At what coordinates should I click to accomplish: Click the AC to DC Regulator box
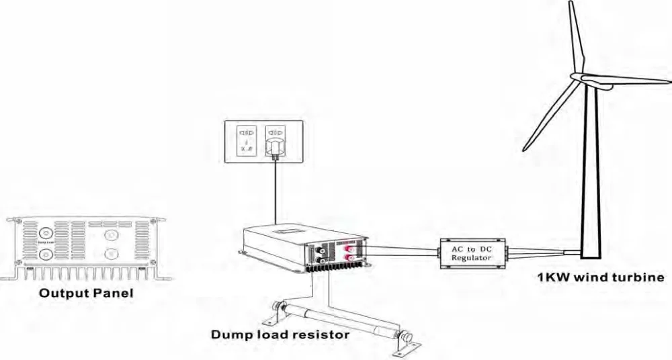click(x=472, y=253)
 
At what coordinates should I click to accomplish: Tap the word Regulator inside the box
click(x=472, y=258)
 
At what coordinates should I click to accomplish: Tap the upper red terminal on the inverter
click(x=350, y=249)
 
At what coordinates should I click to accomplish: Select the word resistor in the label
click(x=320, y=334)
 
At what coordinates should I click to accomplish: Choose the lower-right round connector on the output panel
click(x=112, y=254)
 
